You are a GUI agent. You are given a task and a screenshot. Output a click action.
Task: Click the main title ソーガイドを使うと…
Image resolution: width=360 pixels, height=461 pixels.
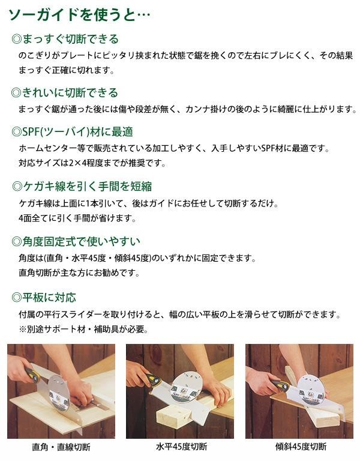(x=79, y=14)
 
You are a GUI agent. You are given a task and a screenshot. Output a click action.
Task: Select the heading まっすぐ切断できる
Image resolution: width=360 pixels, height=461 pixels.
(x=65, y=39)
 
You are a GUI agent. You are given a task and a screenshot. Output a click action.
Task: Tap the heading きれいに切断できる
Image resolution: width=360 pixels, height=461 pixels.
(x=65, y=92)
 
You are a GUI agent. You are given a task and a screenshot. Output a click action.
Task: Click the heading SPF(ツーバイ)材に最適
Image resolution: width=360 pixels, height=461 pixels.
(x=72, y=131)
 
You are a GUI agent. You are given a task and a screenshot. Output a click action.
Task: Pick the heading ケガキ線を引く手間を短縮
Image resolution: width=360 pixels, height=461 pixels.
(x=82, y=186)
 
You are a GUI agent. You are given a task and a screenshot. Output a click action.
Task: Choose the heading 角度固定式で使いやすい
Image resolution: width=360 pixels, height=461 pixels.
(x=76, y=241)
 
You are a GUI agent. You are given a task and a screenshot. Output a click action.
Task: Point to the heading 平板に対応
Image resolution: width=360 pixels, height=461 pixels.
(x=44, y=297)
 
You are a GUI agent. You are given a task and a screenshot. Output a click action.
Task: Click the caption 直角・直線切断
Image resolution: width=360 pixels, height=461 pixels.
(x=61, y=447)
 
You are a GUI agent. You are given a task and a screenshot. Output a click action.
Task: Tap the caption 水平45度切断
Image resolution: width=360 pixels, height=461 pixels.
(x=181, y=447)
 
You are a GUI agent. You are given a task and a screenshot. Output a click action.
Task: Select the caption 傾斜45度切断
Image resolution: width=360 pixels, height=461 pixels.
(x=301, y=447)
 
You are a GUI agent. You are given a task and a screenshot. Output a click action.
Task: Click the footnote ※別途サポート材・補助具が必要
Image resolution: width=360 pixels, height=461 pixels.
(x=83, y=329)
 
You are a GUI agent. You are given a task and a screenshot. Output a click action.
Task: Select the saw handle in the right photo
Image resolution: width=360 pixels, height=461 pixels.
(x=280, y=384)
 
